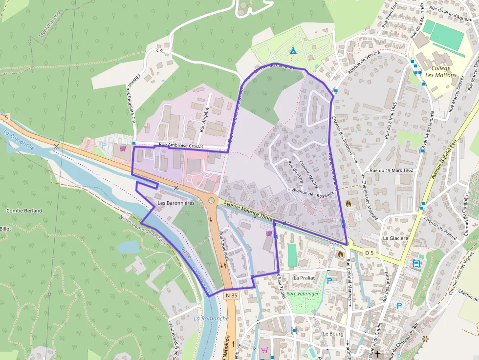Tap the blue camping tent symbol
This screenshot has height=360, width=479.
point(293,51)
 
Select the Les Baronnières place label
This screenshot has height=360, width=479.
point(176,203)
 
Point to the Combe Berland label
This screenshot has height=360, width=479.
point(24,211)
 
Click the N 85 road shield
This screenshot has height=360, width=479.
point(232,296)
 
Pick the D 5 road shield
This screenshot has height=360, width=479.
point(369,253)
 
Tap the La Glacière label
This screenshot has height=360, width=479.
point(395,238)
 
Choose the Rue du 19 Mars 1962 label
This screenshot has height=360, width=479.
point(392,170)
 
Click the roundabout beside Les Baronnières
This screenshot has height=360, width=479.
point(212,200)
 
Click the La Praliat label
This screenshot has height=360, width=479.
point(304,277)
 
